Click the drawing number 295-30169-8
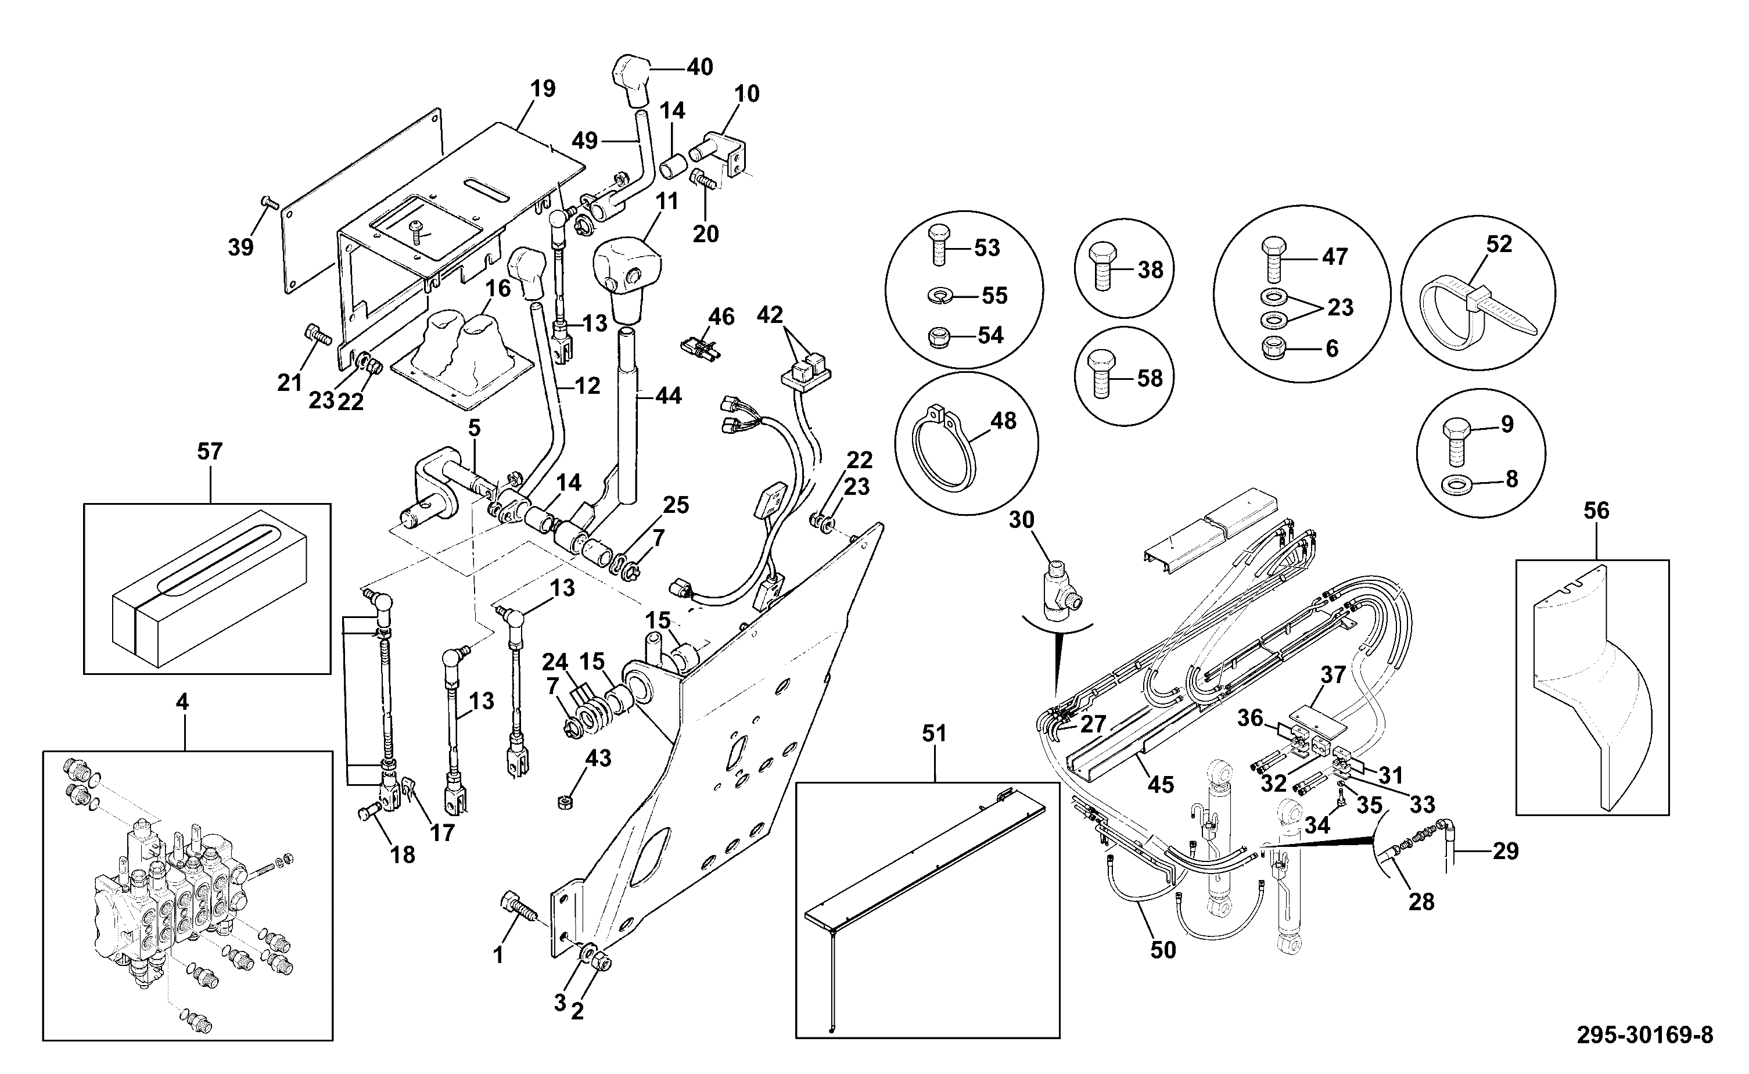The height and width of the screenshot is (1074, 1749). pyautogui.click(x=1644, y=1035)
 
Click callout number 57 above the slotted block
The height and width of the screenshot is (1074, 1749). pyautogui.click(x=210, y=451)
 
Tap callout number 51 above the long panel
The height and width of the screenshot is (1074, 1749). pyautogui.click(x=934, y=734)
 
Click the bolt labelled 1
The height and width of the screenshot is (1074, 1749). pyautogui.click(x=520, y=906)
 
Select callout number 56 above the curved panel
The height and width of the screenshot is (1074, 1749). pyautogui.click(x=1596, y=511)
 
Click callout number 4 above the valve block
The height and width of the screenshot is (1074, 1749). pyautogui.click(x=182, y=702)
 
